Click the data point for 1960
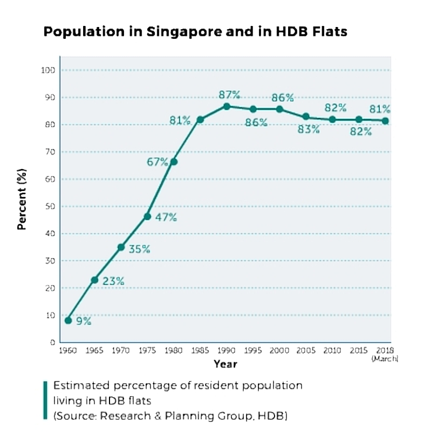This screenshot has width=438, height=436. (x=68, y=321)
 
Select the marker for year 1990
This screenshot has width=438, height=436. (x=227, y=106)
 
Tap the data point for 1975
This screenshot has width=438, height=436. (x=147, y=216)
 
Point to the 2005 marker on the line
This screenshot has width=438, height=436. (x=306, y=117)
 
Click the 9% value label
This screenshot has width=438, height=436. (x=84, y=322)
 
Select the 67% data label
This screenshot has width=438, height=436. (x=157, y=162)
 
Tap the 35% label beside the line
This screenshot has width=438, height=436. (x=139, y=249)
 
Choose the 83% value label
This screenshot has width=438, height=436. (x=309, y=130)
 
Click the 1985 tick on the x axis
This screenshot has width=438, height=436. (x=200, y=350)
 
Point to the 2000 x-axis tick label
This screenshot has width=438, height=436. (x=279, y=350)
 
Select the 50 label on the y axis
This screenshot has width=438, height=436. (x=50, y=207)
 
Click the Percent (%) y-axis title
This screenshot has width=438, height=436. (x=22, y=200)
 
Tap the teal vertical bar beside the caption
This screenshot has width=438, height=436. (x=45, y=400)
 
